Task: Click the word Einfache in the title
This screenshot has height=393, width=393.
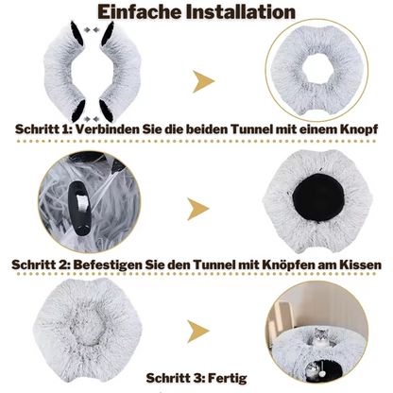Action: click(140, 12)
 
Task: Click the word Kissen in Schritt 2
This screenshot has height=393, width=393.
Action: click(361, 265)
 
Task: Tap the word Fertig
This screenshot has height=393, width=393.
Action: click(228, 378)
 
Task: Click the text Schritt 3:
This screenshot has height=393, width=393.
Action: click(176, 378)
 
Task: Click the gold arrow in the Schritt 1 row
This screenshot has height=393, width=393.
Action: click(203, 81)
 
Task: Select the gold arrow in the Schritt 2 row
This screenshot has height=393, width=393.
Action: click(198, 209)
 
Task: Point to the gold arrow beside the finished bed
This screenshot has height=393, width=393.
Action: click(198, 332)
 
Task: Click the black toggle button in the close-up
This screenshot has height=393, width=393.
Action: click(80, 208)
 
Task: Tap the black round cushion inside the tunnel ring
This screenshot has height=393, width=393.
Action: click(317, 197)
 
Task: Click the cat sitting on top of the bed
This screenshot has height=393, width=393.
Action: click(320, 338)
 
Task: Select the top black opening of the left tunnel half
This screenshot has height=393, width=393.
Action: click(77, 33)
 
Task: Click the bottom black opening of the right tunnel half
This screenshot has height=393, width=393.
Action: click(107, 111)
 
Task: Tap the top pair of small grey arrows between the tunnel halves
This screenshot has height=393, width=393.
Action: click(92, 29)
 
